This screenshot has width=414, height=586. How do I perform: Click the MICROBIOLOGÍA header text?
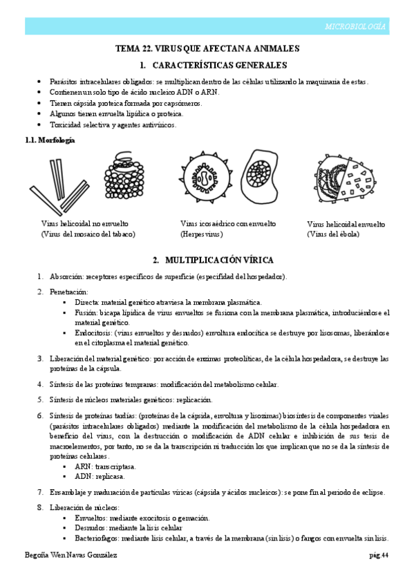coord(355,26)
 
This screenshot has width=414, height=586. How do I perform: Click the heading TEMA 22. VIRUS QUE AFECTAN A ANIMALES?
coord(207,49)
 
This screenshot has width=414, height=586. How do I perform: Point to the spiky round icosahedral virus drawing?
coord(205,179)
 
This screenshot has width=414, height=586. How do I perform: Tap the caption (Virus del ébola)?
coord(333,234)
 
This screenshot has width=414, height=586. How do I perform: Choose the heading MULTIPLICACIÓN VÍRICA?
coord(214,261)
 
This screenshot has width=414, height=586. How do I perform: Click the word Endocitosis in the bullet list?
coord(95,332)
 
